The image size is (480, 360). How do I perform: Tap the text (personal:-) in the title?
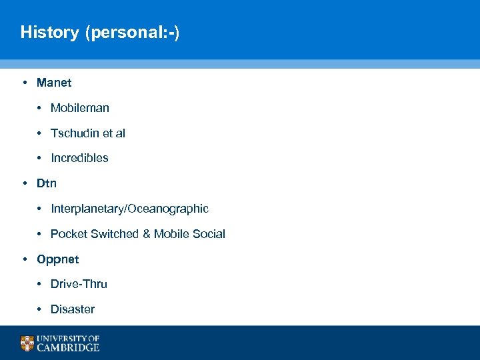coord(132,32)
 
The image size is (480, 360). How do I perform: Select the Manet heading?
coord(54,83)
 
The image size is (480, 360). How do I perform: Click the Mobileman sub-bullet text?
coord(80,108)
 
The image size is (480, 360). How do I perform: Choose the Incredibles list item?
coord(79,158)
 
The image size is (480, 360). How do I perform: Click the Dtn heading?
coord(47,183)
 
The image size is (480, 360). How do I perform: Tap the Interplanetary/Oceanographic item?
coord(129,209)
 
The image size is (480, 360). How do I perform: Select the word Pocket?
coord(69,234)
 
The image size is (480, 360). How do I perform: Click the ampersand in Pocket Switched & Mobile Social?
coord(145,234)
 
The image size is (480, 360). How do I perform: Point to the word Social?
coord(209,234)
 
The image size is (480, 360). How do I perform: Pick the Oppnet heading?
coord(58,259)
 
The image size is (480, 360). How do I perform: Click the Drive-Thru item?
coord(79,284)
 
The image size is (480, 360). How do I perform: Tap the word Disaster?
coord(73,309)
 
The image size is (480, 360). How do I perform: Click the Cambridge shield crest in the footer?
coord(27,343)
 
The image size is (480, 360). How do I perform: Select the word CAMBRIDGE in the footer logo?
coord(68,347)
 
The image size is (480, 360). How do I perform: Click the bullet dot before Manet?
coord(24,83)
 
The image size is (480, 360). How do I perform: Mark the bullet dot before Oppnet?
coord(24,259)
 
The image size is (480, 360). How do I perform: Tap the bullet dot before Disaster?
coord(40,309)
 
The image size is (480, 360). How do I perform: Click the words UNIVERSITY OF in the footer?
coord(68,339)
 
